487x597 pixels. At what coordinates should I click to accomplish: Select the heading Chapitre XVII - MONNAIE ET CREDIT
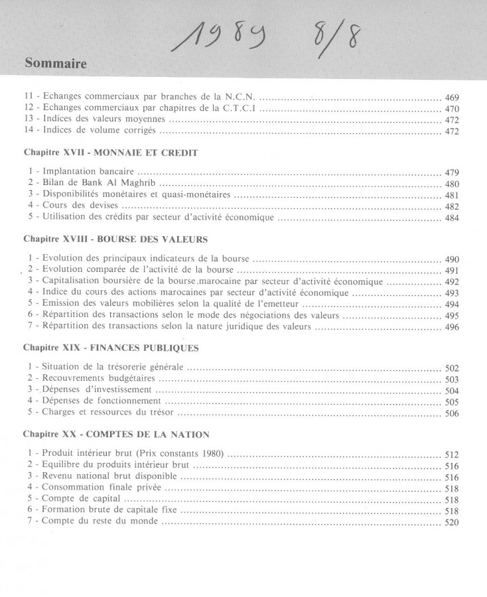[110, 152]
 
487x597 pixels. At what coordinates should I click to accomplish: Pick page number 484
[452, 218]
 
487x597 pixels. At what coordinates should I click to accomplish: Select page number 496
[452, 327]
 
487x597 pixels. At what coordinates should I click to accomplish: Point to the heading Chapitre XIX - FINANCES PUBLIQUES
[111, 347]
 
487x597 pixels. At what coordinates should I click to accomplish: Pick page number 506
[452, 413]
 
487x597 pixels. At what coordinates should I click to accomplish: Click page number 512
[452, 455]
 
